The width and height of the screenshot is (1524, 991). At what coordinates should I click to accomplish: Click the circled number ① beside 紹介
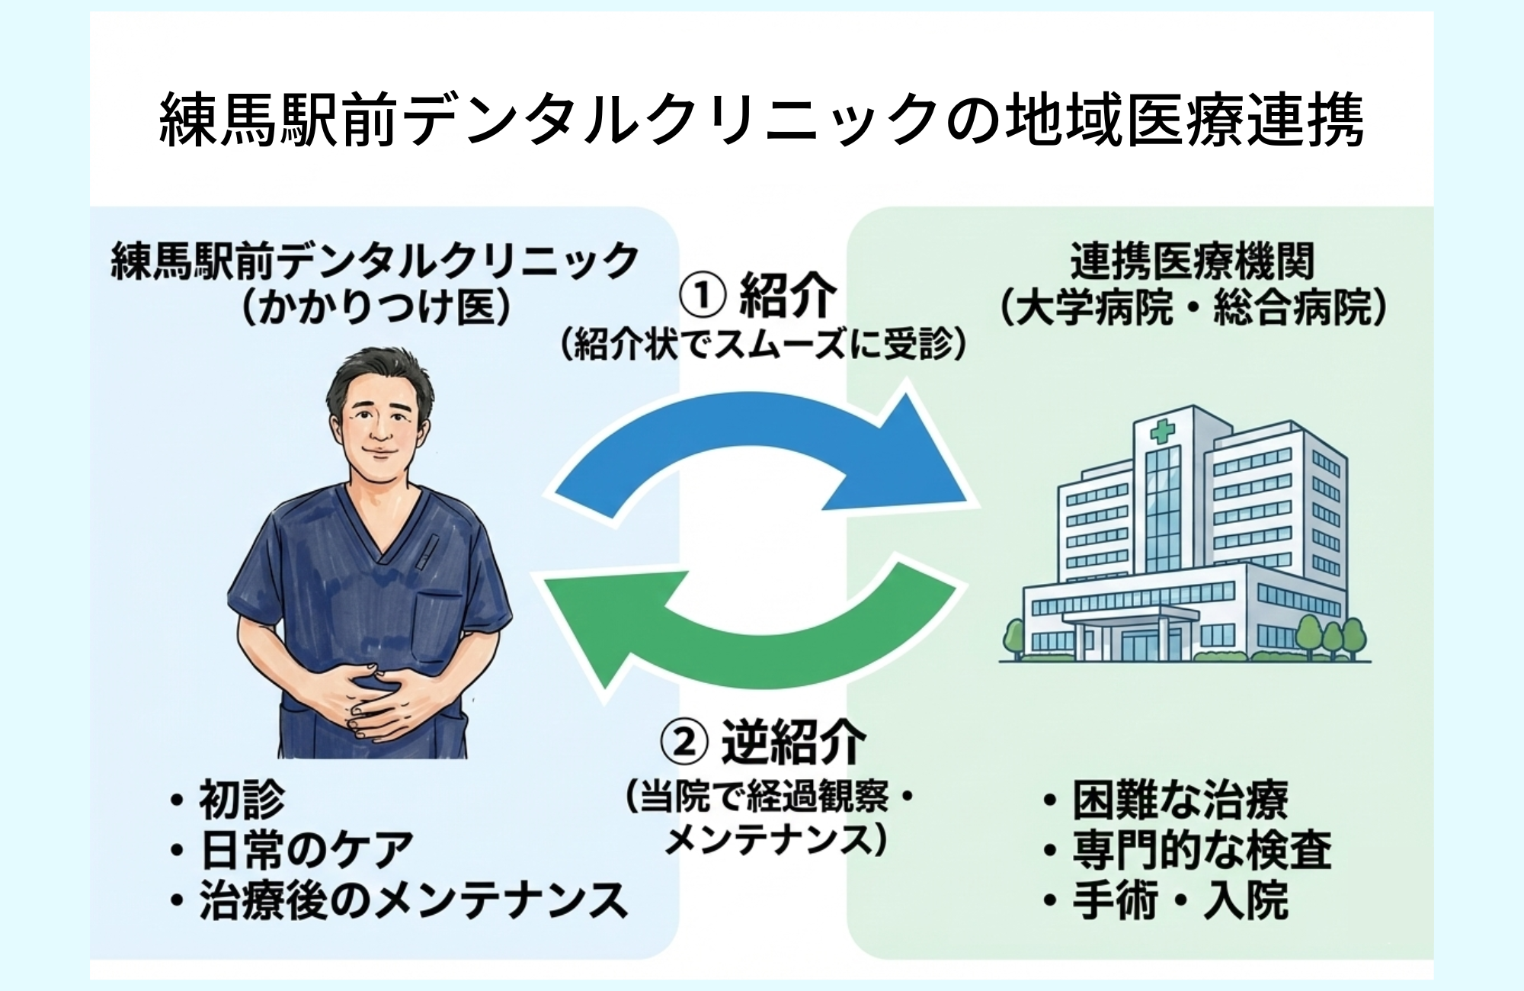click(x=702, y=296)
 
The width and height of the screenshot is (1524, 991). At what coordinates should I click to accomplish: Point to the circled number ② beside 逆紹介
click(x=684, y=742)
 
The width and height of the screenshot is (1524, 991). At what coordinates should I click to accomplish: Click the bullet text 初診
click(x=242, y=800)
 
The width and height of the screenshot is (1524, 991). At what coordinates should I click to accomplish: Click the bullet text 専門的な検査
click(x=1202, y=850)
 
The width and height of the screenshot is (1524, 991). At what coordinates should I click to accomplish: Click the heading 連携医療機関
click(x=1193, y=261)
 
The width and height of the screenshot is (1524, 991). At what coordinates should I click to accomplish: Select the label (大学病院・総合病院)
click(x=1193, y=309)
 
